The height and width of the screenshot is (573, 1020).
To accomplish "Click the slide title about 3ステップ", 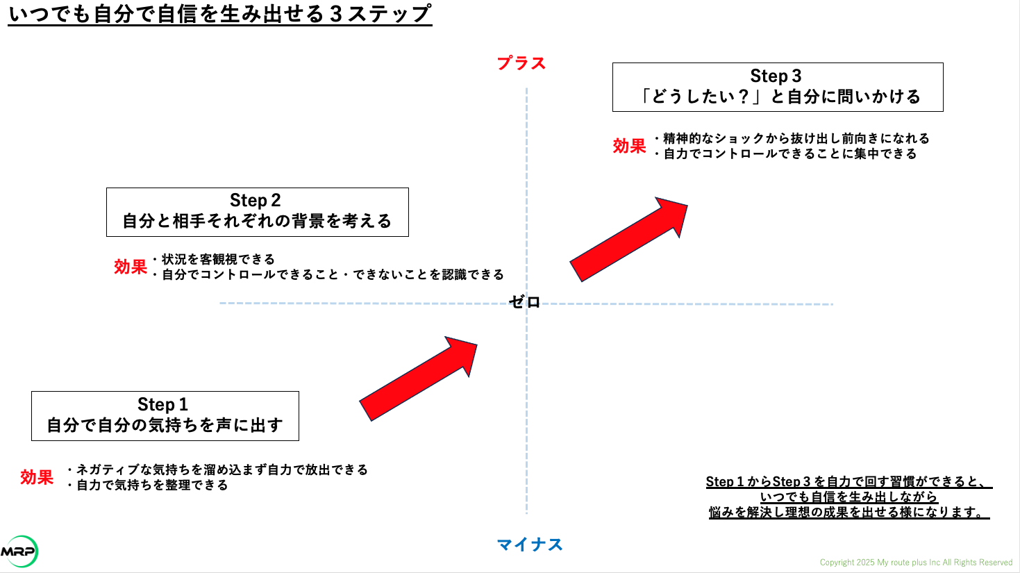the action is pos(220,14).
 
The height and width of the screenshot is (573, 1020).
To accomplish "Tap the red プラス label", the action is pos(521,63).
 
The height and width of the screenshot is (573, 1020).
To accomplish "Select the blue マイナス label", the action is pos(530,545).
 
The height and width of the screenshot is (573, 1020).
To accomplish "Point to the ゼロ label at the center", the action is pos(524,301).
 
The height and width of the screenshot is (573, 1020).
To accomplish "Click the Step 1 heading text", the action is pos(162,404).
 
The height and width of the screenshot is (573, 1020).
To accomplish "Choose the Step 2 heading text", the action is pos(255,200).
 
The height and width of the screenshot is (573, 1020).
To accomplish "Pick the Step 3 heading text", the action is pos(776,76).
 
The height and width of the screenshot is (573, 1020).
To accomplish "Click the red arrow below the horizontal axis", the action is pos(418,379).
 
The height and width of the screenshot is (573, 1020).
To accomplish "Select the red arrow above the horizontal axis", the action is pos(628,240).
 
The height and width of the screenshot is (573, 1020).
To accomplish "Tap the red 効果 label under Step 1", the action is pos(37,477).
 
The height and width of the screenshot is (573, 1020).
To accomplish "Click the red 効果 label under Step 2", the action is pos(131,267).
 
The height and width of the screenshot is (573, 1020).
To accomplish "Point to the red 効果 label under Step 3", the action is pos(629,146).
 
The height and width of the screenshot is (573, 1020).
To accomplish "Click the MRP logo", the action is pos(19,551).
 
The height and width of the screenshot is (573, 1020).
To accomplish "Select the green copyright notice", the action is pos(916,563).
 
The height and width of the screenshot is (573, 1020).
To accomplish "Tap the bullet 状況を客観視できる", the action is pos(214,259).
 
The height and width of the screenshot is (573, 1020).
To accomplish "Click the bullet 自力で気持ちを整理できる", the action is pos(147,485).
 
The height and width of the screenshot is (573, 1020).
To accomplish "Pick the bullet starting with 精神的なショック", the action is pos(792,138).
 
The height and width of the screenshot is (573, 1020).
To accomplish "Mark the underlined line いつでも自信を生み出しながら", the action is pos(848,497).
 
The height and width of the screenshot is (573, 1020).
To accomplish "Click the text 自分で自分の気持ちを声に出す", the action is pos(165,425).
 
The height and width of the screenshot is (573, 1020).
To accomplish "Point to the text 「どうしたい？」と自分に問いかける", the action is pos(778,97).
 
